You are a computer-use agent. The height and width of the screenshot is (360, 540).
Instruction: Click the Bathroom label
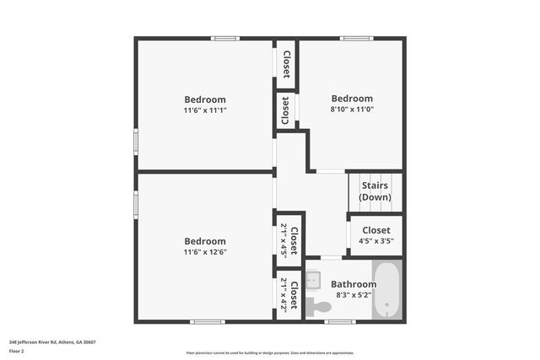point(354,284)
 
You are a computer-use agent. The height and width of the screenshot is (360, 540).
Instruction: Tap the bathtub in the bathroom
point(387,291)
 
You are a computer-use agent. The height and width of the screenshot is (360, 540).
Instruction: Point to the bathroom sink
point(312,277)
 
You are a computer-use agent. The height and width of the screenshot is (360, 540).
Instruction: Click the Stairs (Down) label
point(375,191)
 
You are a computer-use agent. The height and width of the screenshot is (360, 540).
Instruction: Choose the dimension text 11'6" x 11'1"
point(205,110)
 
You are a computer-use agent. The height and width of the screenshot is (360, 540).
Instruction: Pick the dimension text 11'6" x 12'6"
point(205,251)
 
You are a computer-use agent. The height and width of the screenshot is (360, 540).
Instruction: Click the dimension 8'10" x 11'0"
point(351,109)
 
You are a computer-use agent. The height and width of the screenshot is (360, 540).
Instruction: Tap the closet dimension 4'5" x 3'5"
point(375,241)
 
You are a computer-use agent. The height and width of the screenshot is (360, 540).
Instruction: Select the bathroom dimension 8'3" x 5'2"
point(354,295)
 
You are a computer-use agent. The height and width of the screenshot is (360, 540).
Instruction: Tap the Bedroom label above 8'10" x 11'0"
point(351,98)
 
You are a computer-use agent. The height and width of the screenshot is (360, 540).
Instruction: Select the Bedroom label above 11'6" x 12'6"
point(205,240)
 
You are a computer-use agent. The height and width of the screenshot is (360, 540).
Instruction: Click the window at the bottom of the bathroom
point(339,321)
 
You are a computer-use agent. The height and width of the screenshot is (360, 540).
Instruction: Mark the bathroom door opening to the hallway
point(331,257)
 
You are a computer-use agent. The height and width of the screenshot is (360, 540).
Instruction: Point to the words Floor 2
point(17,351)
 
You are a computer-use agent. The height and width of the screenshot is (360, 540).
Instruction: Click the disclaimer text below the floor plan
point(270,352)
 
